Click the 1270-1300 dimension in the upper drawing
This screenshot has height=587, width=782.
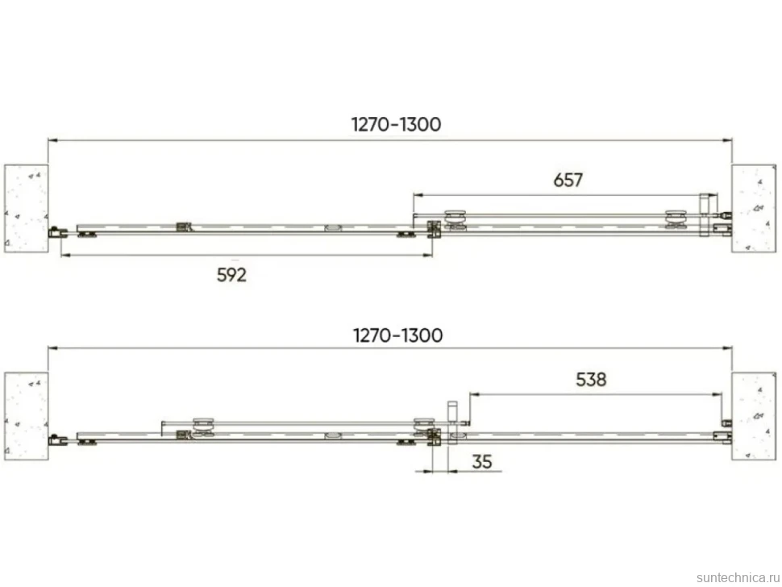tap(396, 124)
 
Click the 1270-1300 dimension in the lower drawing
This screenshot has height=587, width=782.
tap(397, 335)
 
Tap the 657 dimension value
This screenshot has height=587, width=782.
tap(568, 180)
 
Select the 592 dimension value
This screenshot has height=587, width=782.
tap(231, 275)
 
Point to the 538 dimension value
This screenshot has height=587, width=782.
tap(591, 380)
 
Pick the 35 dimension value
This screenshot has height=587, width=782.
tap(482, 462)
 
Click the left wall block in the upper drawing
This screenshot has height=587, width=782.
tap(27, 209)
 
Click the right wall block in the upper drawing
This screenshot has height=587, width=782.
tap(754, 209)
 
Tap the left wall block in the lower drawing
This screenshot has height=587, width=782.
tap(27, 416)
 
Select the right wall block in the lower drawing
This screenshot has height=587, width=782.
tap(754, 416)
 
